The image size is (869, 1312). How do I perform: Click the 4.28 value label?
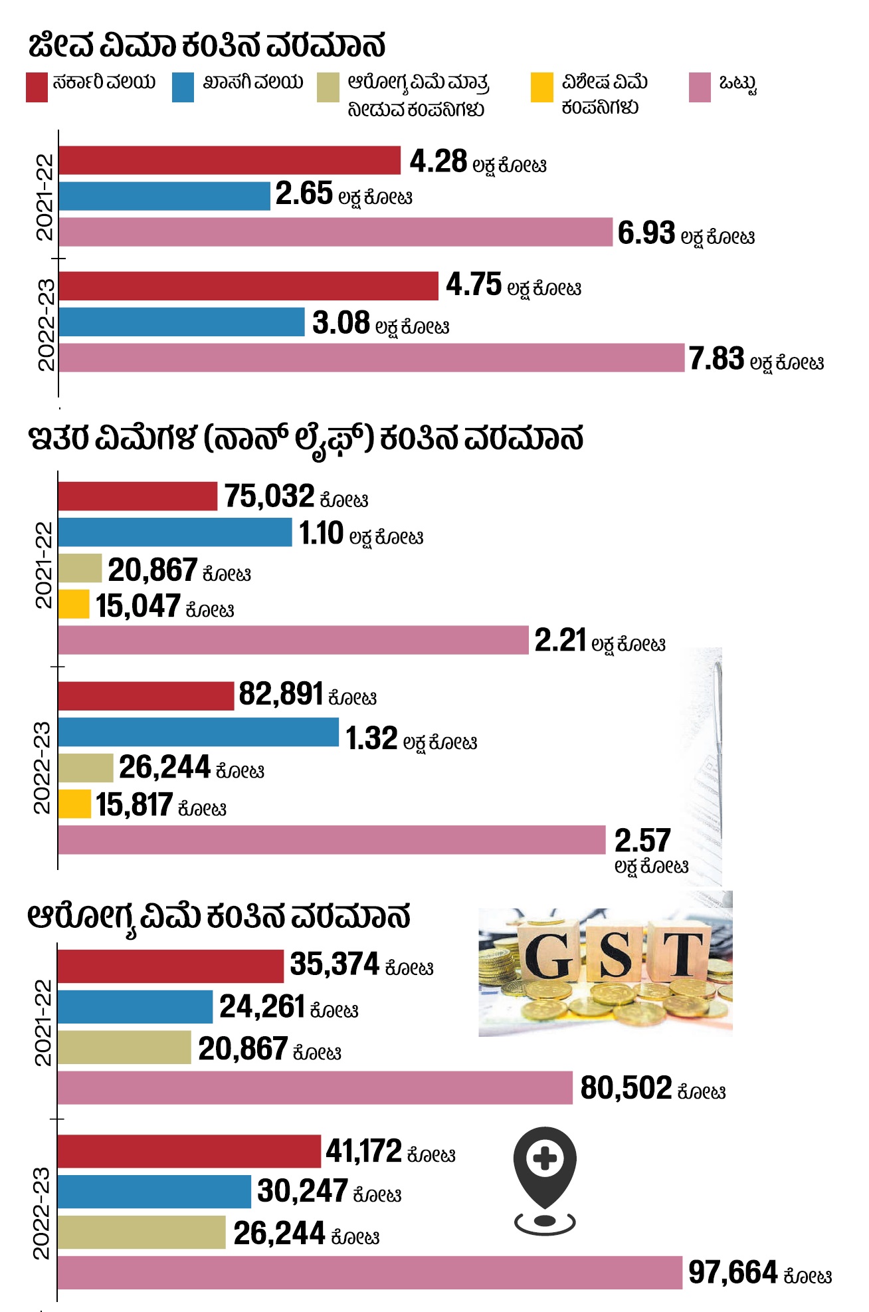[438, 162]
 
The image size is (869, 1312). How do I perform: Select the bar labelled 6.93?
[336, 232]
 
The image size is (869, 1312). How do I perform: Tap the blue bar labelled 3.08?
[181, 322]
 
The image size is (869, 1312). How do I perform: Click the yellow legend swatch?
[541, 88]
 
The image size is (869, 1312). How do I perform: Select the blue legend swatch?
[183, 88]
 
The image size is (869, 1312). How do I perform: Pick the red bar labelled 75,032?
[138, 496]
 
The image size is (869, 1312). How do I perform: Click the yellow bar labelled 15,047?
[74, 604]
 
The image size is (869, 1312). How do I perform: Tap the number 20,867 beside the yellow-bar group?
[152, 570]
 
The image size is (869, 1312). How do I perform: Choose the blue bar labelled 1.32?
[198, 732]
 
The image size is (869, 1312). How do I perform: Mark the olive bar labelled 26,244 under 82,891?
[86, 768]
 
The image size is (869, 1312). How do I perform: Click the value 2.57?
[642, 841]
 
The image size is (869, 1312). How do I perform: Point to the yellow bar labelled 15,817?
[74, 804]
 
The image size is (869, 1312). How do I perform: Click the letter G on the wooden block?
[547, 956]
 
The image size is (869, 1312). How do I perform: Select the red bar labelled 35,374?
[170, 966]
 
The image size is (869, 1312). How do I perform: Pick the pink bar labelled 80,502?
[315, 1088]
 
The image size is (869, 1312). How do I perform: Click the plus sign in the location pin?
[545, 1159]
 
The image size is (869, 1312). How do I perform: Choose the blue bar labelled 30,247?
[154, 1192]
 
